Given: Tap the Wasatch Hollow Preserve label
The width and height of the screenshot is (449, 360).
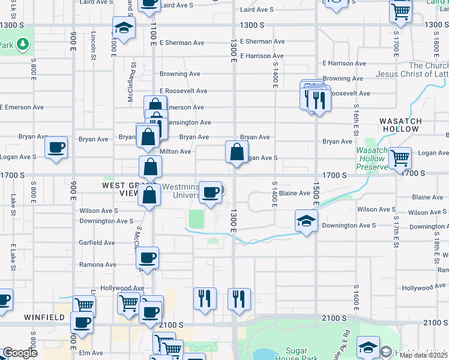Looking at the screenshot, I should pos(372,159).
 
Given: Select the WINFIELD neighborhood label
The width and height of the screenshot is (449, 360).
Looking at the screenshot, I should pos(44,316).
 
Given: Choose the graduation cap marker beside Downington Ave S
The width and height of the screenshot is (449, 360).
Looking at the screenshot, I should pos(306,221).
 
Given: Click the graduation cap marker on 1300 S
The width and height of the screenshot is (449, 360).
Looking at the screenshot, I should pos(124,28).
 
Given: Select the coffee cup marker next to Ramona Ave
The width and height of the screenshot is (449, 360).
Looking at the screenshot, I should pos(148,259).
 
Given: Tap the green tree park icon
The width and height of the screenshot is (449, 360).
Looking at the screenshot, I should pos(22,44).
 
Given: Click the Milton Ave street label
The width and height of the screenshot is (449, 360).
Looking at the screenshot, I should pos(175,152).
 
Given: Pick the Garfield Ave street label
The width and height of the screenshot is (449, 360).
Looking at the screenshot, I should pos(97,243).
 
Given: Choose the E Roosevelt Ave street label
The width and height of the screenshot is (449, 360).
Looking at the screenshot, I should pos(183,91).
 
